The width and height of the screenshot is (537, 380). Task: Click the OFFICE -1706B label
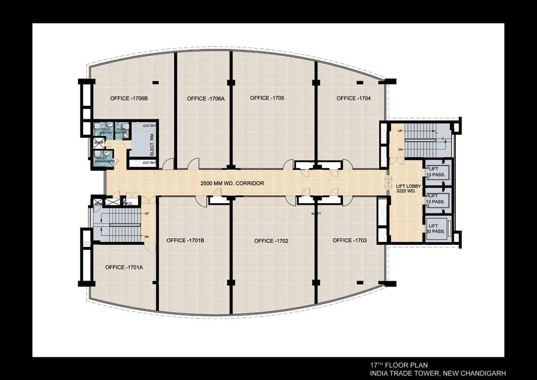129,98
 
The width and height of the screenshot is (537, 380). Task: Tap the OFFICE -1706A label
206,98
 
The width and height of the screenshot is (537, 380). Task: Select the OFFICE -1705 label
267,98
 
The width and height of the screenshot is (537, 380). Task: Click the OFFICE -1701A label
124,267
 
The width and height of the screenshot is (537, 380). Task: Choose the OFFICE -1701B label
185,240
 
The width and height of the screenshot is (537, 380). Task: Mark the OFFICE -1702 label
271,241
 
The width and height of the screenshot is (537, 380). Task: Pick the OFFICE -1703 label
350,240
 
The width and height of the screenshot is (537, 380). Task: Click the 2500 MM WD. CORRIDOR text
232,183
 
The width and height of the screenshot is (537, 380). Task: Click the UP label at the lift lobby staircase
400,131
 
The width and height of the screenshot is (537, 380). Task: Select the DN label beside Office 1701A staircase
146,237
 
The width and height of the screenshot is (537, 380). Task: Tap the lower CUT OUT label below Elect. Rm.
149,162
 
